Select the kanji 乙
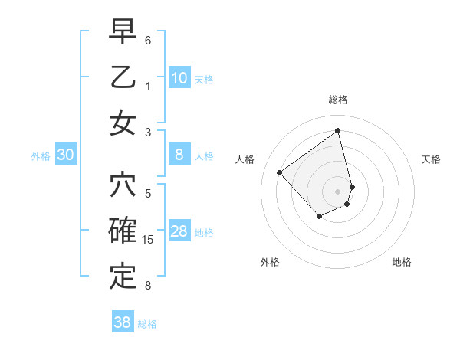[123, 79]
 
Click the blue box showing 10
[179, 77]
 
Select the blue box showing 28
[179, 231]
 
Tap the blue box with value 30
[65, 155]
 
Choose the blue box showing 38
[123, 322]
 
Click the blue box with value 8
[179, 155]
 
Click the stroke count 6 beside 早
[148, 41]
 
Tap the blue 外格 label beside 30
[41, 156]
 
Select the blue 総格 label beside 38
[147, 324]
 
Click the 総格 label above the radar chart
[338, 100]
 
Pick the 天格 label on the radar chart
[431, 159]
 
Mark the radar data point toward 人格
[280, 173]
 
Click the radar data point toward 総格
[338, 130]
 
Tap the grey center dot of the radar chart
[338, 191]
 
